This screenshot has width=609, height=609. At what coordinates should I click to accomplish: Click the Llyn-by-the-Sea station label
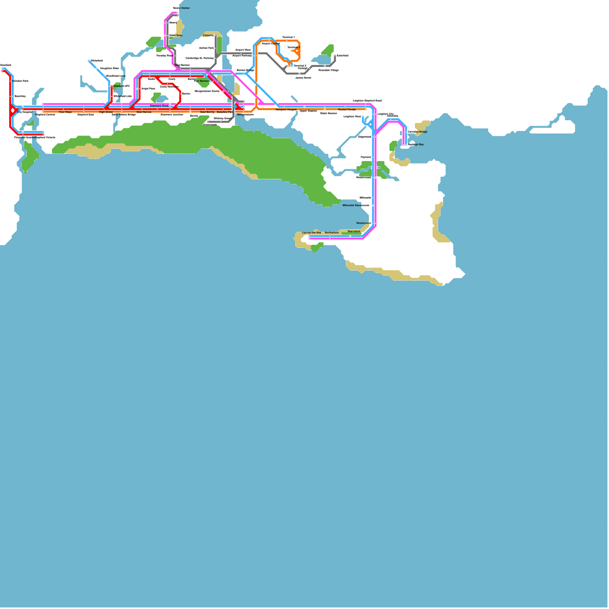[311, 233]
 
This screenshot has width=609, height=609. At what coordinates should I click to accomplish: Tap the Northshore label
[332, 233]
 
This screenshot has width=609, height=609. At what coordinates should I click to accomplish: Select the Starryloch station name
[354, 231]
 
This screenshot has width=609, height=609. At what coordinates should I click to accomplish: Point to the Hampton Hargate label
[286, 110]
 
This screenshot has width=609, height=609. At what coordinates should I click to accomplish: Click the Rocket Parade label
[347, 110]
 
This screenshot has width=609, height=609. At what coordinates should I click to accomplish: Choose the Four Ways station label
[65, 112]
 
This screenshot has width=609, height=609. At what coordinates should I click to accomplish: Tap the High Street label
[106, 112]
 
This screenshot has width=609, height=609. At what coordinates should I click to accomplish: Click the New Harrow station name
[144, 112]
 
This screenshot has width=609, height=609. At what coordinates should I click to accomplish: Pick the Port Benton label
[201, 81]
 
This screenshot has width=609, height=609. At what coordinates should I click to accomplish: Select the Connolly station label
[208, 35]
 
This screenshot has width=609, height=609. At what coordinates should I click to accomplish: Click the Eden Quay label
[176, 35]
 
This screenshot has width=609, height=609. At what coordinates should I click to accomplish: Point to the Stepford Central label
[45, 115]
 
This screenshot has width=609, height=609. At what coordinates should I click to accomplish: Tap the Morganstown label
[246, 115]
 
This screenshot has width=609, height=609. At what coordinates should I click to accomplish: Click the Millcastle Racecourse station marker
[373, 206]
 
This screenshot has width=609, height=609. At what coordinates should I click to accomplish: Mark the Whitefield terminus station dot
[89, 61]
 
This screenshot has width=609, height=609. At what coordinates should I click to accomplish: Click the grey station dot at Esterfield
[335, 56]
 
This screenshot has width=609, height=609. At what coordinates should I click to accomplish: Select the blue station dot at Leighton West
[363, 117]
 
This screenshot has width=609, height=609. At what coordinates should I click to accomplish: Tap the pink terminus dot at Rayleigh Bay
[403, 145]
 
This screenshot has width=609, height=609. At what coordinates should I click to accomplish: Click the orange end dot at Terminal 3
[292, 51]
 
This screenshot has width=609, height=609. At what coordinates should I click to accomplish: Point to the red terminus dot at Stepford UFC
[112, 86]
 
